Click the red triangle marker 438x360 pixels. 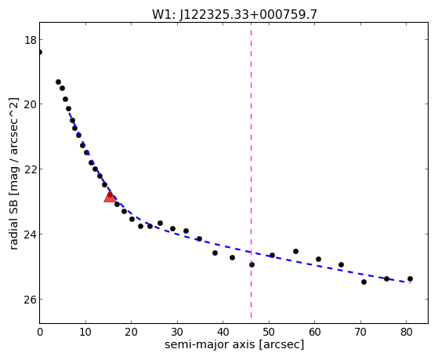110,196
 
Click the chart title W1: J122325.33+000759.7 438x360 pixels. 234,14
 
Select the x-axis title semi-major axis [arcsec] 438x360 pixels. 234,344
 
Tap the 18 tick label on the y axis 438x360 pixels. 31,40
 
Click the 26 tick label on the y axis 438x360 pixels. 31,300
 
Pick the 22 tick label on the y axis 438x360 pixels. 31,169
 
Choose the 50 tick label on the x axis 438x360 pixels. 269,332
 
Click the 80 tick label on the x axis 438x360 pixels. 407,332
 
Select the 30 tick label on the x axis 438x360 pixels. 177,332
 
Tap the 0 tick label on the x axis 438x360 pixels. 40,332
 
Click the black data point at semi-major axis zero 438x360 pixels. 40,52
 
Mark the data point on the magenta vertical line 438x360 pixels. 252,264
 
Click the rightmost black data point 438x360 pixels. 410,278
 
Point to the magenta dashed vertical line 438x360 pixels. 251,170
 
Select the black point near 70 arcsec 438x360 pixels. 364,282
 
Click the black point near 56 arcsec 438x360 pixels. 295,251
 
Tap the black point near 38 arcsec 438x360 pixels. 215,253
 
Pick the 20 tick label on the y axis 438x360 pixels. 31,104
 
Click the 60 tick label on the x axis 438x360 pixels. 314,332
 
